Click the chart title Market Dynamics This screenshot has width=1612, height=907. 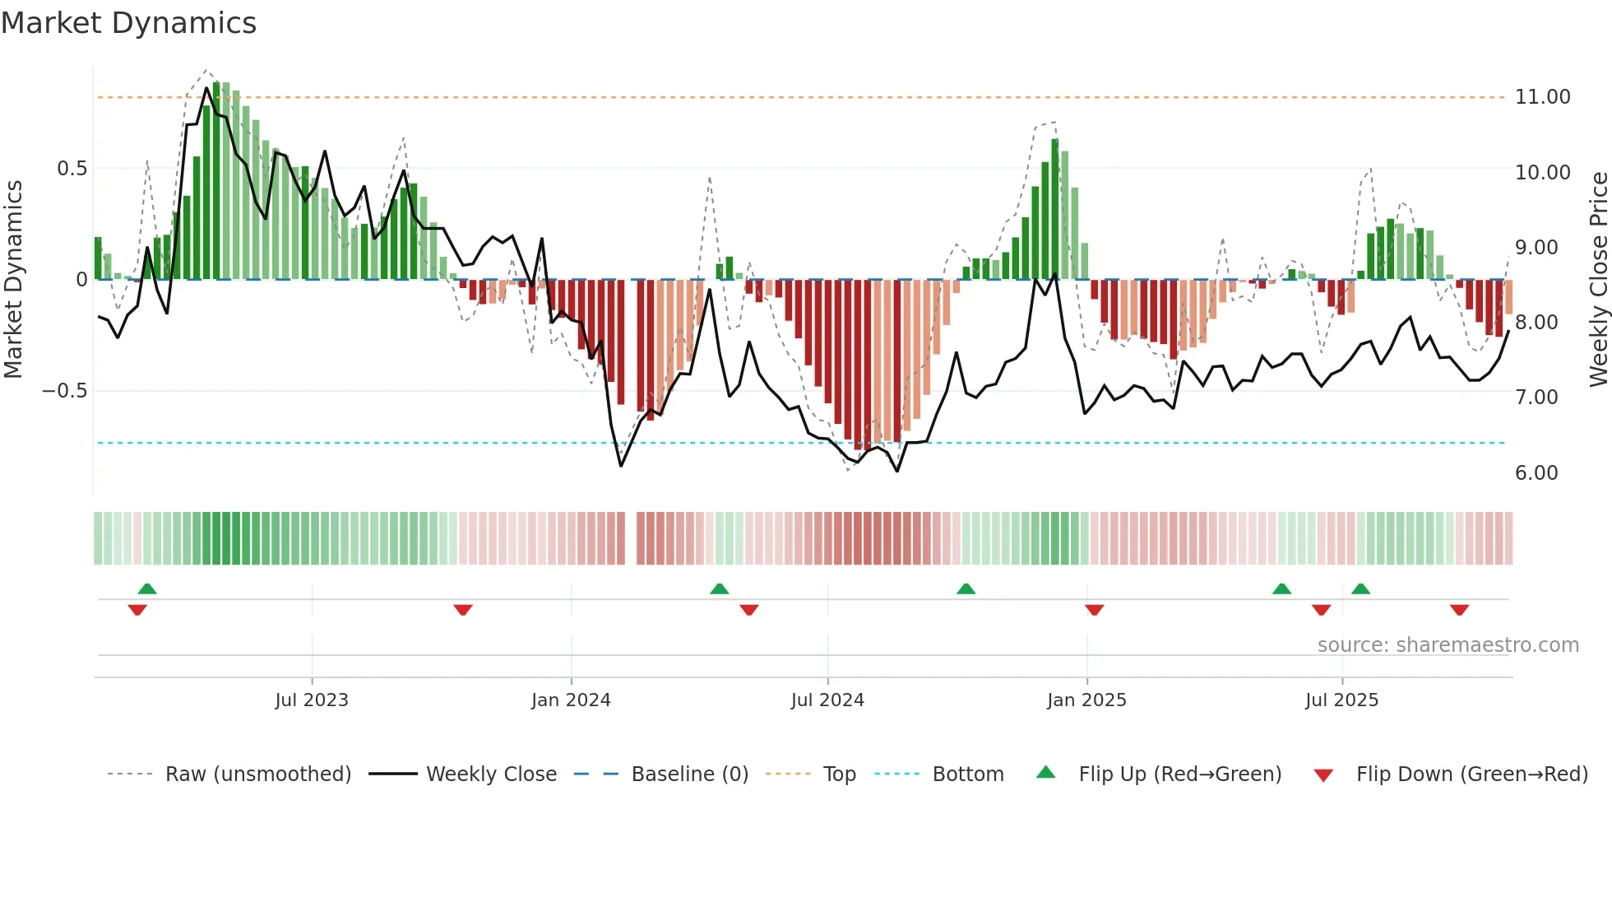coord(129,23)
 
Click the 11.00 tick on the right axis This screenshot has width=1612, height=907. coord(1542,97)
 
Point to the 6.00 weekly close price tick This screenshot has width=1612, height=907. coord(1536,473)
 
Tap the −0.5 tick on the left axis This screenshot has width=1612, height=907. coord(64,391)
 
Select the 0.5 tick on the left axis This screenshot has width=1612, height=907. coord(72,169)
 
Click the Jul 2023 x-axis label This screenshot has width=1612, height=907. coord(312,700)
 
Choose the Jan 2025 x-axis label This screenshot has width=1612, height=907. coord(1086,700)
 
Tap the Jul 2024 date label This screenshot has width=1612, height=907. coord(827,700)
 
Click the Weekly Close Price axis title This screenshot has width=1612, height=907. coord(1598,280)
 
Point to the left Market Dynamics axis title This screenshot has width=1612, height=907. coord(13,280)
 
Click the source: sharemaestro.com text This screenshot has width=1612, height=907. coord(1448,645)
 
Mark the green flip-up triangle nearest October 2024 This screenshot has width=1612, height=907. coord(966,588)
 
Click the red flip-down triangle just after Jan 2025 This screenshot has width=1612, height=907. coord(1094,610)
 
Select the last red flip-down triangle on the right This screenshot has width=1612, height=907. coord(1459,610)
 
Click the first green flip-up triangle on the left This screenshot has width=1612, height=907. coord(147,588)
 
